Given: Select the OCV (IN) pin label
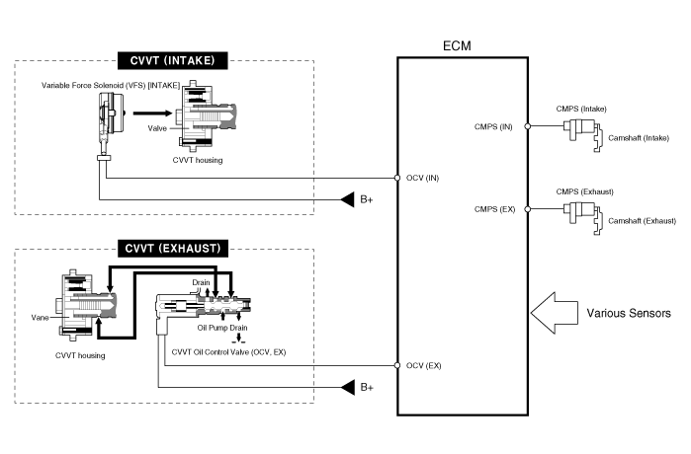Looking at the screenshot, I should (x=423, y=179).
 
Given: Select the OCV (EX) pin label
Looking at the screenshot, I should (x=423, y=366).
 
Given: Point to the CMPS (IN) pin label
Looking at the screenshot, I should (x=495, y=126).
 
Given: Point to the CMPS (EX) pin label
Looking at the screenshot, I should (x=495, y=209).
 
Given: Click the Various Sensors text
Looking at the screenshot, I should (x=629, y=313).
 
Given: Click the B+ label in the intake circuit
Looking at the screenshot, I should (x=367, y=200).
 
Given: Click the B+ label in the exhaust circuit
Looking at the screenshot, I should (x=367, y=387).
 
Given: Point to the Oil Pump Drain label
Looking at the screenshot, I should (x=221, y=328).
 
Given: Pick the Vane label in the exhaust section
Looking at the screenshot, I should (x=40, y=317).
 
